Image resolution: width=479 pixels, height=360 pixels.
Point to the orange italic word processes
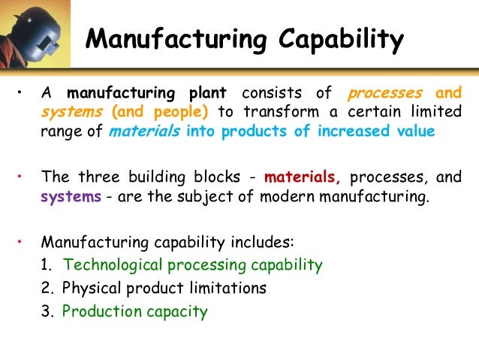click(385, 93)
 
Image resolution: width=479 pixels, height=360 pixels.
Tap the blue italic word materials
click(140, 132)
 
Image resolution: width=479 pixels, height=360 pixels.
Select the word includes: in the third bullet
click(264, 243)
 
